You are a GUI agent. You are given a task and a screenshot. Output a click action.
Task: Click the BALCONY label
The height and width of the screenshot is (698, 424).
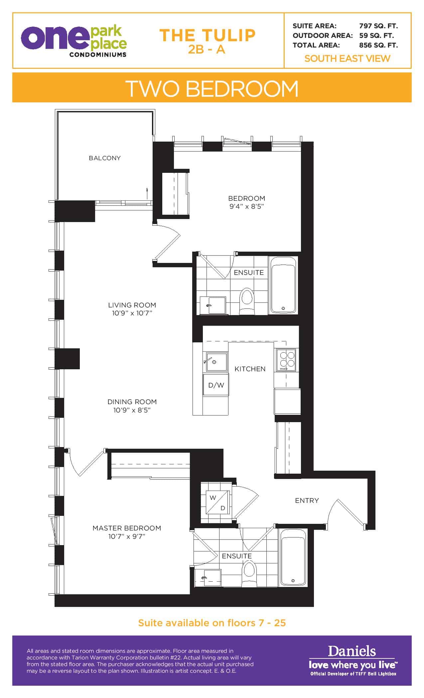[104, 158]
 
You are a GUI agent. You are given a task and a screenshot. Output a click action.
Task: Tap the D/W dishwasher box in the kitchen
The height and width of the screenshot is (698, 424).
[216, 385]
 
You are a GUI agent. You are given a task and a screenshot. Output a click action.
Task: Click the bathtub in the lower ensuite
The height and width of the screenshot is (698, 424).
[293, 558]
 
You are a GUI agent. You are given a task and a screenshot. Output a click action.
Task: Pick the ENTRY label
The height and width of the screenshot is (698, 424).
[307, 500]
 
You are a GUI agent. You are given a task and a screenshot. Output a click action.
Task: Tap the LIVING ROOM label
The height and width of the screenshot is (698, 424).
[132, 305]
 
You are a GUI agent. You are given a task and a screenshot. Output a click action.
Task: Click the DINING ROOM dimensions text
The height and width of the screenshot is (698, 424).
[132, 410]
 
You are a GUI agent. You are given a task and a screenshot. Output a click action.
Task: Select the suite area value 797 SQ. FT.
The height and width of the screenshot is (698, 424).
[378, 26]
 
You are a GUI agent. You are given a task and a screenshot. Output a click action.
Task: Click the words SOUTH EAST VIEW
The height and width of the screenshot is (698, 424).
[347, 58]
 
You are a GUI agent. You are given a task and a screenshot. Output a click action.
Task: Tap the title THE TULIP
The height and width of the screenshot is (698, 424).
[207, 35]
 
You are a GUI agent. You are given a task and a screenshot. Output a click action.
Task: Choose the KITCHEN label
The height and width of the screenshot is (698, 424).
[250, 369]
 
